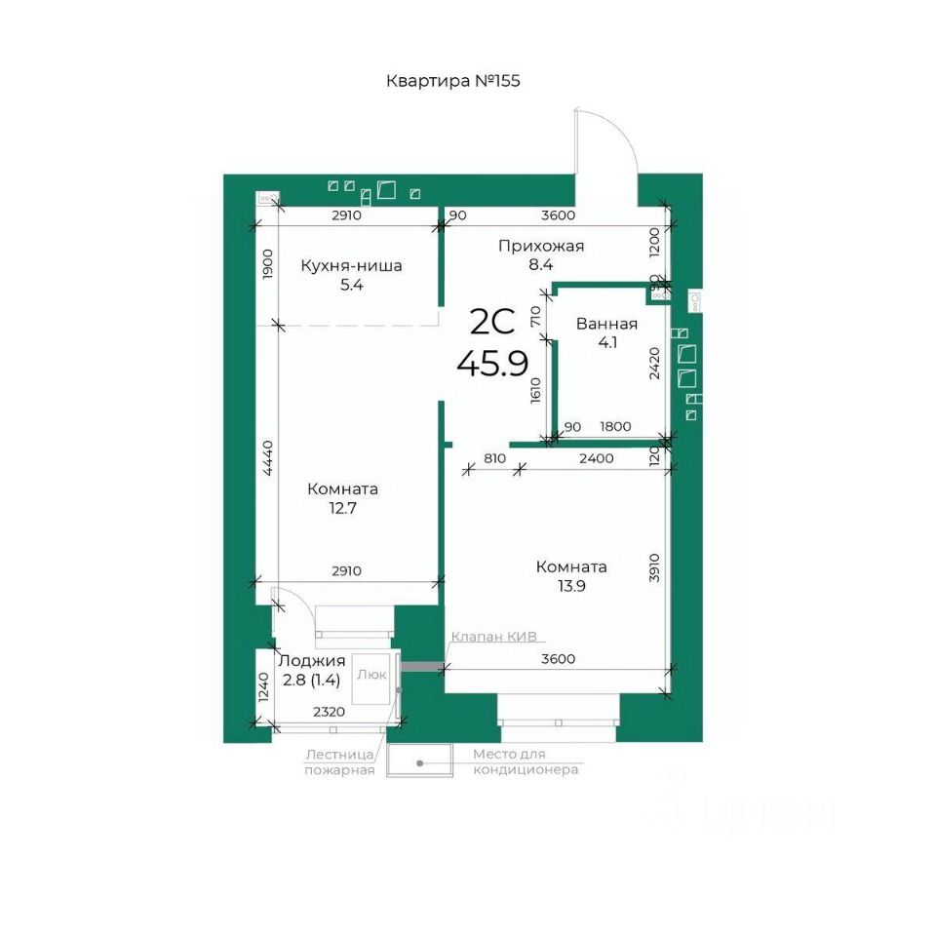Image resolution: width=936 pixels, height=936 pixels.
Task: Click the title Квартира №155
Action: [x=453, y=81]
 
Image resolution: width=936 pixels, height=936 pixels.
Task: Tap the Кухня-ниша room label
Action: [x=351, y=265]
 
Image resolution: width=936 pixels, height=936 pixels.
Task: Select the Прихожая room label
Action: [x=541, y=246]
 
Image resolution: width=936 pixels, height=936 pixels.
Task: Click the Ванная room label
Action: [x=606, y=324]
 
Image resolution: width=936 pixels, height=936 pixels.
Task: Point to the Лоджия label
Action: [x=312, y=661]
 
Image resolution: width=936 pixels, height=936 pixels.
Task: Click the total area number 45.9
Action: [x=492, y=363]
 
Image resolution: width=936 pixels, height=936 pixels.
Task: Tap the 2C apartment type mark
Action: [x=492, y=323]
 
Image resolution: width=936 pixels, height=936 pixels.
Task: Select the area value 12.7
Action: [x=342, y=508]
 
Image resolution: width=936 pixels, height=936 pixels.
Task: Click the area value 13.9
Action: [x=571, y=586]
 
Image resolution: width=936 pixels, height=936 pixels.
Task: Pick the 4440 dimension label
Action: [x=268, y=458]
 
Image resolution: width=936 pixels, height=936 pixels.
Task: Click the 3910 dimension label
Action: [x=654, y=567]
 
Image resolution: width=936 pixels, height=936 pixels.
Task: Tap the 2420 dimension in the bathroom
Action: [x=655, y=364]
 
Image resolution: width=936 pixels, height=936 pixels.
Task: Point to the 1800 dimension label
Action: [x=615, y=426]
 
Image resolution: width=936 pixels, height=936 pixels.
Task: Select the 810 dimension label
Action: [x=495, y=458]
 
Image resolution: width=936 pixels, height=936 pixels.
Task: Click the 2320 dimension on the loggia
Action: [x=330, y=711]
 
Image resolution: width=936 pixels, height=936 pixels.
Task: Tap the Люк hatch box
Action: [x=371, y=680]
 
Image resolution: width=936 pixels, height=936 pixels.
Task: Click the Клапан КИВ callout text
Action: [x=493, y=637]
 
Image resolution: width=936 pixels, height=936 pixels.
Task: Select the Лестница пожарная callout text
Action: [x=339, y=761]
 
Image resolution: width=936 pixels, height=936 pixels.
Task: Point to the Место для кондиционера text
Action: [x=526, y=761]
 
